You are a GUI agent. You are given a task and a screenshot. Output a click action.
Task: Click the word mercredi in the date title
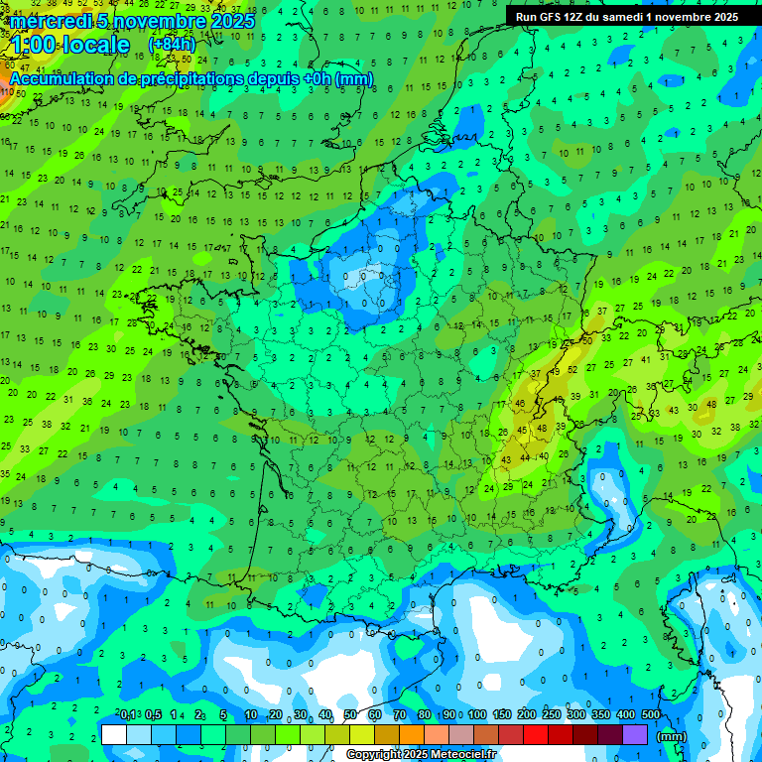click(x=51, y=21)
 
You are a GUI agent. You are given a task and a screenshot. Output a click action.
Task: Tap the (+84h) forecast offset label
click(x=172, y=44)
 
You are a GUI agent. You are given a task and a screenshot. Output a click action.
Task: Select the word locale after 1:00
click(x=95, y=45)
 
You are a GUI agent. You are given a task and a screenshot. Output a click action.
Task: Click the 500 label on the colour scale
click(x=651, y=714)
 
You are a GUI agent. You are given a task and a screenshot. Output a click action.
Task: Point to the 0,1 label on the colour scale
click(x=129, y=714)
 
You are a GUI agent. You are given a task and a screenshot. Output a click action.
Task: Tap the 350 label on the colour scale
click(x=601, y=714)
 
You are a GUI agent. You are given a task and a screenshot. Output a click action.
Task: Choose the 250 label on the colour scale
click(x=552, y=714)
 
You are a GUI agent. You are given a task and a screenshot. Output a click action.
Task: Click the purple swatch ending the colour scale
click(x=635, y=734)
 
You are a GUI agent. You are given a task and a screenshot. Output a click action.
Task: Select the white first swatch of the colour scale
click(x=114, y=734)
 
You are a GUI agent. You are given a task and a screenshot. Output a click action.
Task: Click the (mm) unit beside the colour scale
click(x=672, y=736)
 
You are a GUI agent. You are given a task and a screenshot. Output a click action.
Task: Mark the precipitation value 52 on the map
click(x=572, y=369)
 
